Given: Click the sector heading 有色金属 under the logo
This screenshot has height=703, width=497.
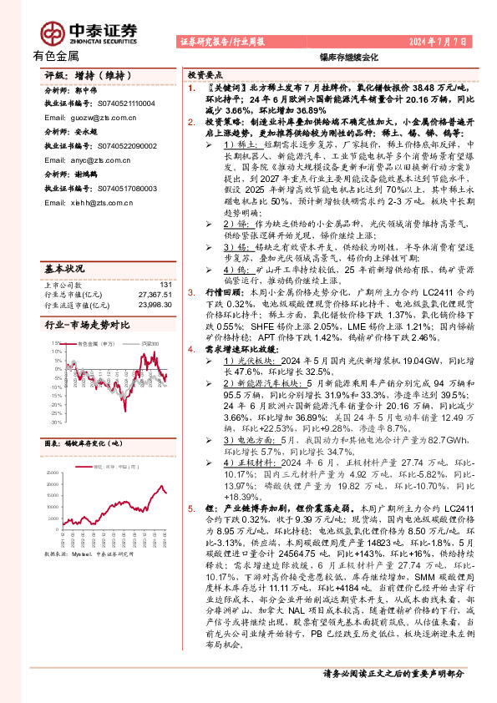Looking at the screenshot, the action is click(56, 56).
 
